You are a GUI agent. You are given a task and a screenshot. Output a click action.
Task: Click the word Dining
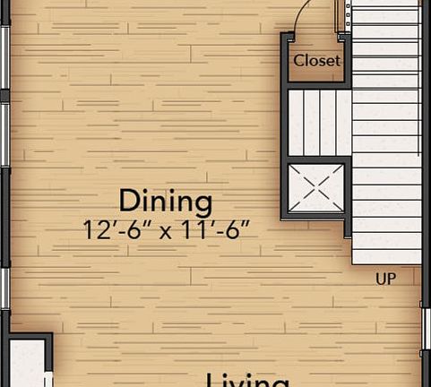pos(166,200)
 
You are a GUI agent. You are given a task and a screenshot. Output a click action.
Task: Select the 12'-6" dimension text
pos(114,229)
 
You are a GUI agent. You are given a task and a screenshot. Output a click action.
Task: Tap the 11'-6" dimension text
pos(215,229)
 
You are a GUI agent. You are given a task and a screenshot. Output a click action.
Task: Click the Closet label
pos(317,61)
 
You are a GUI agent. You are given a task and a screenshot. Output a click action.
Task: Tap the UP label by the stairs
pos(385,279)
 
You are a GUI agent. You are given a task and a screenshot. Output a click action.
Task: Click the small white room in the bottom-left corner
pos(24,363)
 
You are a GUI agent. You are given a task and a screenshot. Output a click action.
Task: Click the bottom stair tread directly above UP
pos(386,256)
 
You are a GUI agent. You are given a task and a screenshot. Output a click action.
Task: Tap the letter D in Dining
pos(127,200)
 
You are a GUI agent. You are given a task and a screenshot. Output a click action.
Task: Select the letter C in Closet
pos(299,61)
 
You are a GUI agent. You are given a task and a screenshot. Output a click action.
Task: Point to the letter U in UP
pos(380,279)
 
